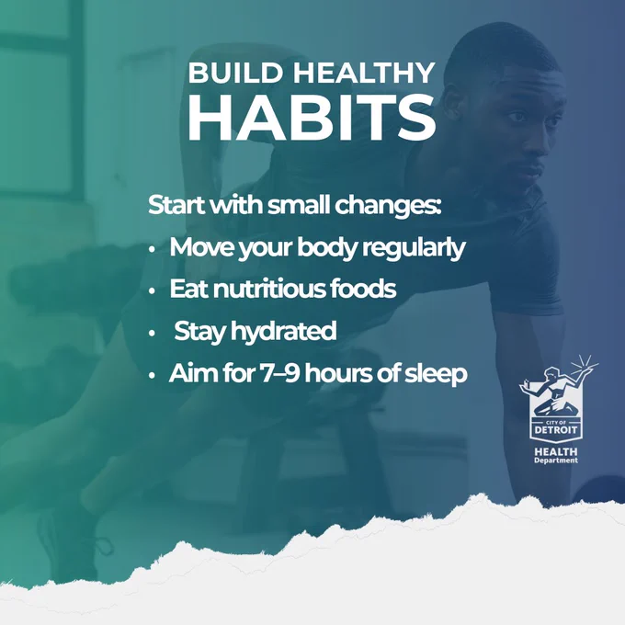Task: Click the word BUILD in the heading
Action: (236, 73)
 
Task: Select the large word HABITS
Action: (312, 118)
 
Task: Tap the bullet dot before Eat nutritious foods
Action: (152, 291)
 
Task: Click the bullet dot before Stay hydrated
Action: (152, 334)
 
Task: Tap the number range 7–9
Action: (279, 374)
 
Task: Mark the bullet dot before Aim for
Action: (152, 376)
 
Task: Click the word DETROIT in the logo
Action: (556, 430)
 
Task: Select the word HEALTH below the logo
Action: (556, 452)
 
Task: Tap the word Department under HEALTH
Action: (556, 460)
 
